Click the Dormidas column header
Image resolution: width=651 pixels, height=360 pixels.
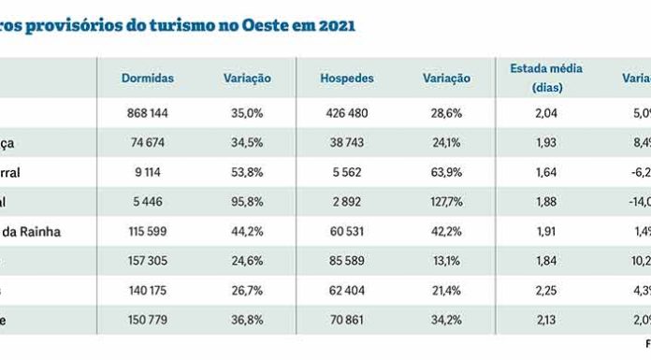coord(148,79)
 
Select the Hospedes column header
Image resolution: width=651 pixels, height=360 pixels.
coord(346,79)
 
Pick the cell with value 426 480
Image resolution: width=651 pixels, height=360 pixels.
coord(346,114)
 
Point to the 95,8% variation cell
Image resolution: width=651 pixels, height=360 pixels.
coord(248,202)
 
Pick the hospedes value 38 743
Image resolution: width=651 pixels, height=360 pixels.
coord(346,143)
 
